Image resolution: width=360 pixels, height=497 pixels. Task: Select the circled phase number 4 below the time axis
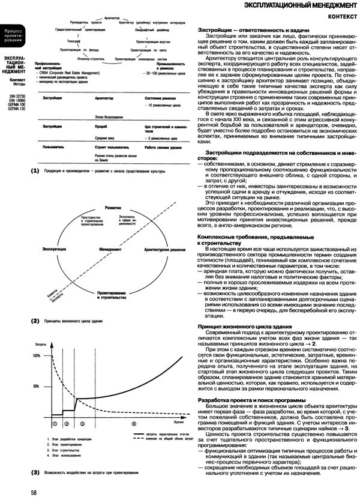point(133,423)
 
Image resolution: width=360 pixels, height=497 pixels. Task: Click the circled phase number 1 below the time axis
point(55,423)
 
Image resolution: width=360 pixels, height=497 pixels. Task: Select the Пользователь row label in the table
point(48,146)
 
